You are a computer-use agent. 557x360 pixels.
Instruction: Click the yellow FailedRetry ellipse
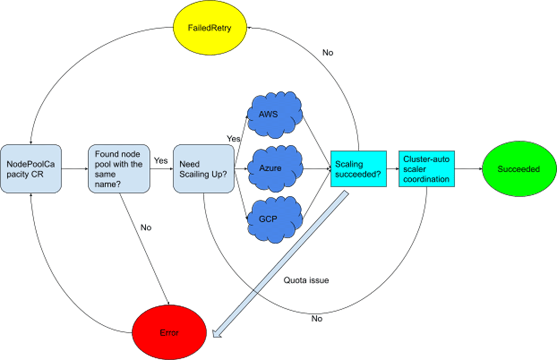[x=209, y=28]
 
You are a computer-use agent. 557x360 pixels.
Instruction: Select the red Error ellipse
[x=169, y=333]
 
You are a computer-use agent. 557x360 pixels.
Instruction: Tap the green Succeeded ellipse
[x=518, y=169]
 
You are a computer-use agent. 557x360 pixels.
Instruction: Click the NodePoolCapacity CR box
[x=31, y=168]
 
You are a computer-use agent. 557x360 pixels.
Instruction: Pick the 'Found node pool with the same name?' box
[x=119, y=168]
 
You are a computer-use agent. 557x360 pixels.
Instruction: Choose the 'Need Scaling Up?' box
[x=203, y=168]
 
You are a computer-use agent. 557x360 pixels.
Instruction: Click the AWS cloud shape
[x=274, y=115]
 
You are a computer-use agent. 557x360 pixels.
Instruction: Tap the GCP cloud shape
[x=274, y=219]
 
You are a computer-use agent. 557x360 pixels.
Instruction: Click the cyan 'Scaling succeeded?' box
[x=358, y=168]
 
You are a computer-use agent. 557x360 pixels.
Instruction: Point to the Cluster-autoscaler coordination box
[x=426, y=168]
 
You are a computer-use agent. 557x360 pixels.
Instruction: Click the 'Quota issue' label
[x=306, y=281]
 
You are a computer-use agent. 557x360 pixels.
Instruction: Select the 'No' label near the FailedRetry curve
[x=327, y=53]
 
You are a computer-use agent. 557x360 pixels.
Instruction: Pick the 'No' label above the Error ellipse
[x=146, y=228]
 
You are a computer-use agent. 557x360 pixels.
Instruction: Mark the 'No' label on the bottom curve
[x=317, y=319]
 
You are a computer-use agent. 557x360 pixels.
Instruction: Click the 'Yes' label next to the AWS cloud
[x=233, y=138]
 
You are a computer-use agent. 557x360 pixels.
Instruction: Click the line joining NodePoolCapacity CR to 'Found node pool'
[x=74, y=169]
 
